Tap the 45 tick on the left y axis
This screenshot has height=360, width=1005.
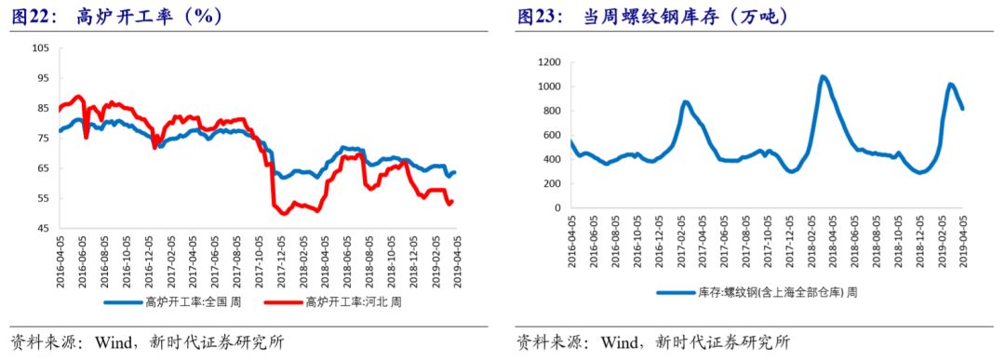42,228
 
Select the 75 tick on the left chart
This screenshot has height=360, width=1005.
42,139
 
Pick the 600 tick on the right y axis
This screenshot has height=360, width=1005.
550,135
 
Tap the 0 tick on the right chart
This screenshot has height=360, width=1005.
556,208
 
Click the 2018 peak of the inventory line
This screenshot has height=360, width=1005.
824,76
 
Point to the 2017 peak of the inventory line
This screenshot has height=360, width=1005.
685,102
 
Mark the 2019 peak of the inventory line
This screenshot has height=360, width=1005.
950,85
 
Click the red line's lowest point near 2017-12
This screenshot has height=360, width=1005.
283,213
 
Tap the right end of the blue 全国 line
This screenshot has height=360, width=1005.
454,172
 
